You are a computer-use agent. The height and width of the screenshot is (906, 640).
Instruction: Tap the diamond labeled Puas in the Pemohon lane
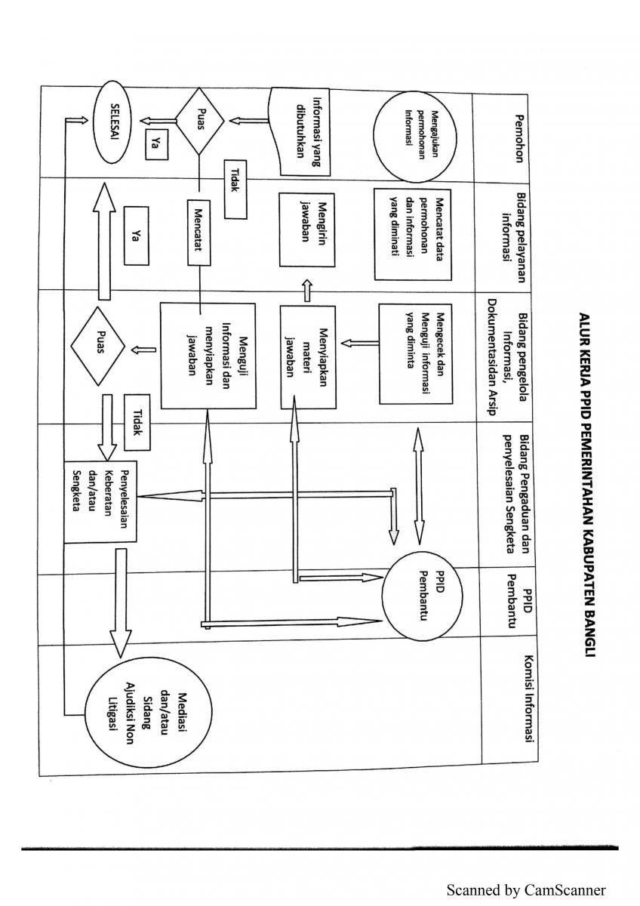pyautogui.click(x=199, y=122)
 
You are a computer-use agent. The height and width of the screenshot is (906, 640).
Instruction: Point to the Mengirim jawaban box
pyautogui.click(x=307, y=229)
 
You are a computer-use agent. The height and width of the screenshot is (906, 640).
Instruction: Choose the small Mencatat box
pyautogui.click(x=199, y=233)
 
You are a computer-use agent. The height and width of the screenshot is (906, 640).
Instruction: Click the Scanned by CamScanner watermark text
pyautogui.click(x=526, y=891)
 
